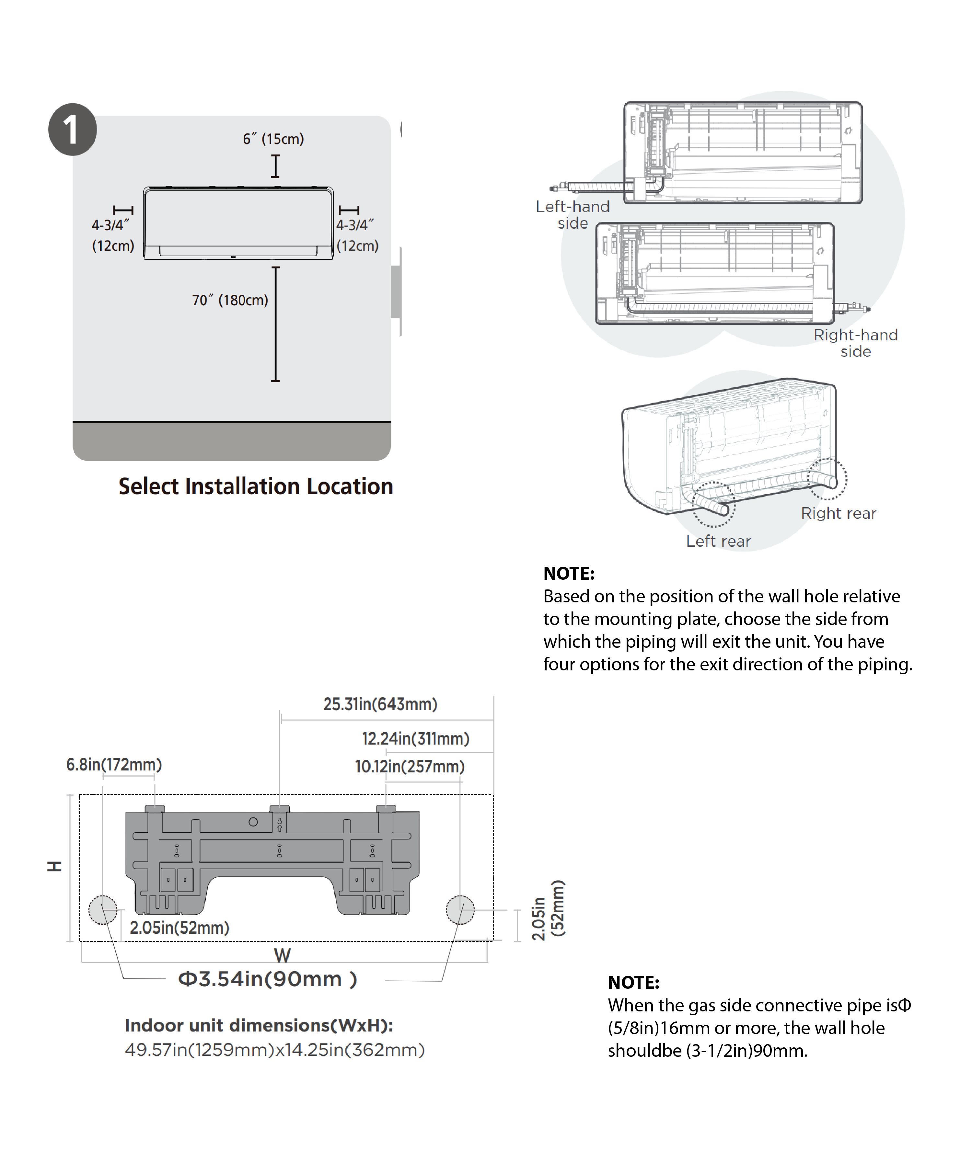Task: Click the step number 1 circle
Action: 72,129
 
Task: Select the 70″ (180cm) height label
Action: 230,300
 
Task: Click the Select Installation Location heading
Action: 256,486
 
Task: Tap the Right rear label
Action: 838,513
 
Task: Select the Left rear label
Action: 718,541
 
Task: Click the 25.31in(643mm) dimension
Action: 380,704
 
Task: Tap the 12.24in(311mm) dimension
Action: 415,738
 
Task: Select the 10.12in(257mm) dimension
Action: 410,767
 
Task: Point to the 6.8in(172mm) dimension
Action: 113,764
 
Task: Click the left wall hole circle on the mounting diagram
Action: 103,910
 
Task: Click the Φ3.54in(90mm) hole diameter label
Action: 267,979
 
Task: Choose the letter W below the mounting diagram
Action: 283,955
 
